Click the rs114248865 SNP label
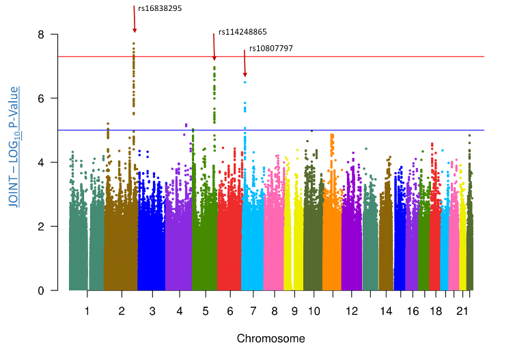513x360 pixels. (242, 31)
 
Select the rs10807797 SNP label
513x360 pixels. (271, 48)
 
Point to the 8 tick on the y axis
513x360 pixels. (42, 34)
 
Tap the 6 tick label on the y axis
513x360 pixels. (42, 98)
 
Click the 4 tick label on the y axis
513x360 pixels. (42, 163)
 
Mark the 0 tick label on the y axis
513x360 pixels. (42, 290)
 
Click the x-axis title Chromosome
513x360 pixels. (271, 338)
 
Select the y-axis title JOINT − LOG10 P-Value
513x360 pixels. (14, 146)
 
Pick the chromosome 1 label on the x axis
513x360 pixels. (87, 311)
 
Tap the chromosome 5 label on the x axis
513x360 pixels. (205, 311)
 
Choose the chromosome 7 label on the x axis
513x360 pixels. (253, 311)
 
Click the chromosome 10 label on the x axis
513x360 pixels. (314, 311)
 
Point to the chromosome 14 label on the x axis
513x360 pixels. (386, 311)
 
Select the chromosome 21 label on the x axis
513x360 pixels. (462, 311)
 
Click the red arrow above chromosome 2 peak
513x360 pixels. (134, 18)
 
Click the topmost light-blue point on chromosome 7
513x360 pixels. (245, 83)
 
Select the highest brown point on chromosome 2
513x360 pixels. (134, 43)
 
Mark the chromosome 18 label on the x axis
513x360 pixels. (435, 311)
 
